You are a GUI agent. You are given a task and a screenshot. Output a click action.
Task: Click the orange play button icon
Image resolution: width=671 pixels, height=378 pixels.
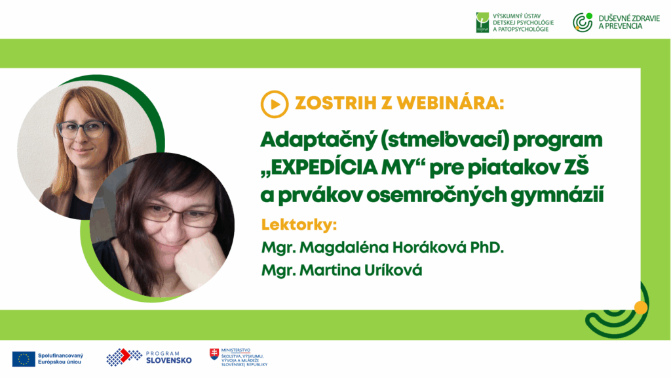pos(275,104)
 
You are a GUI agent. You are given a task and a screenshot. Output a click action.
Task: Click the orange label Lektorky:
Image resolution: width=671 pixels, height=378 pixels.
pos(299,224)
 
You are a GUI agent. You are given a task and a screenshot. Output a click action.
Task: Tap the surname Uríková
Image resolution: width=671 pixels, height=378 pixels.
pos(393,270)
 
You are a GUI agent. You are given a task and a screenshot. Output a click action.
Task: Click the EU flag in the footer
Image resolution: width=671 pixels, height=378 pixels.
pos(24,359)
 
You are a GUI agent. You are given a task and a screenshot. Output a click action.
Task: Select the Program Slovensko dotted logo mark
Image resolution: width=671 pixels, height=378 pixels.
pos(124,357)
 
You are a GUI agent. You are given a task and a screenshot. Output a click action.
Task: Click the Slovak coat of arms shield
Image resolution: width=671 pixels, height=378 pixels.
pos(214,354)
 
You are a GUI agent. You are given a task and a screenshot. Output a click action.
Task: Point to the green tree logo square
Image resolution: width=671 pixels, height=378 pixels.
pos(482,22)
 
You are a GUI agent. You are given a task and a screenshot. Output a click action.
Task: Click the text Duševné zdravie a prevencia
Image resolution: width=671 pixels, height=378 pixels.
pos(629,22)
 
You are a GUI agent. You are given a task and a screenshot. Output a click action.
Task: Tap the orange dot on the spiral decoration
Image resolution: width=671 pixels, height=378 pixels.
pos(641,308)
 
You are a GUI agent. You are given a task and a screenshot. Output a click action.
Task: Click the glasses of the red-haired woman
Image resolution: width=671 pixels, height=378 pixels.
pos(82,129)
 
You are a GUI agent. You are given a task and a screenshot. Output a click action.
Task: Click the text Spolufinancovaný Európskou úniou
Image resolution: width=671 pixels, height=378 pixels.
pos(60,359)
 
